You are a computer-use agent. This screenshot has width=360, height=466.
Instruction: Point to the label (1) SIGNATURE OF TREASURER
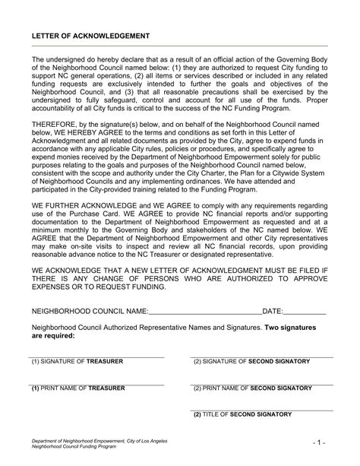77,362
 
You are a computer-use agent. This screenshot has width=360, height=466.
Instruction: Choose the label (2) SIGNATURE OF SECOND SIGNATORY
251,362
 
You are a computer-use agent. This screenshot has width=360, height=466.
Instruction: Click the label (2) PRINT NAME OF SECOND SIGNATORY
252,388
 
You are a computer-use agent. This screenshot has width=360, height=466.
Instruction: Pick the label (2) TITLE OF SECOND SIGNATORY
242,414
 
